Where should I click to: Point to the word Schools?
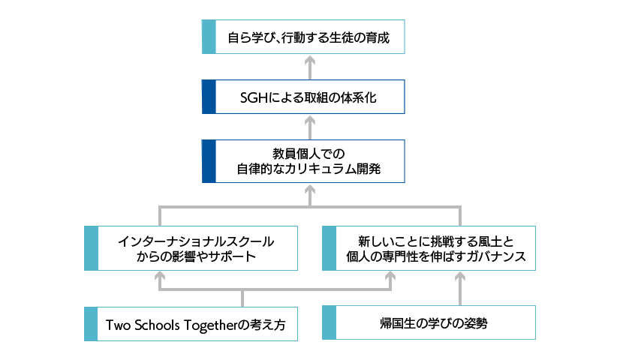158,325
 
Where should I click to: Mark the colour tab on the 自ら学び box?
209,37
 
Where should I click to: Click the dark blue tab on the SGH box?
209,97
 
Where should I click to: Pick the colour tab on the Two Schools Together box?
91,324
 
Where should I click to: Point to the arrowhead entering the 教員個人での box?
309,187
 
